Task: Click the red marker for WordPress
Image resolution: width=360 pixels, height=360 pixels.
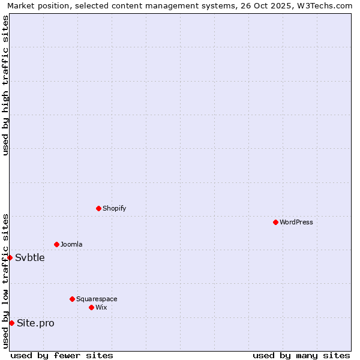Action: click(x=275, y=222)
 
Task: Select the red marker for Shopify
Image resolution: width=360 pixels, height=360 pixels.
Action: click(x=98, y=208)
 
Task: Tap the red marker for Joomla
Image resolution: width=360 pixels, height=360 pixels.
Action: click(x=56, y=244)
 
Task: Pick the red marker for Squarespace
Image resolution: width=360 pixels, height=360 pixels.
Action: click(x=72, y=299)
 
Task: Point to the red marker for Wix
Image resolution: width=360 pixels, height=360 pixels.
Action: click(x=91, y=307)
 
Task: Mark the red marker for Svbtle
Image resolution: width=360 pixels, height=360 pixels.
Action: click(x=10, y=257)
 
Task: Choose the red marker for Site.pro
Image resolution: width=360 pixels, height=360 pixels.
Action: click(x=11, y=323)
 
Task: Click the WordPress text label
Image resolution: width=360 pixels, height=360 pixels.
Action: click(x=296, y=222)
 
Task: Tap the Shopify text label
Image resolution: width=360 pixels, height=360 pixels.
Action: click(x=114, y=208)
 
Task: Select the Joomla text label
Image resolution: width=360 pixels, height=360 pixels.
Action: click(x=71, y=244)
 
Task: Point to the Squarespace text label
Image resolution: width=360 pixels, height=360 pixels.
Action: click(x=97, y=299)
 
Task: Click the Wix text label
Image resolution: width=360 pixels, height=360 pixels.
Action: click(x=101, y=307)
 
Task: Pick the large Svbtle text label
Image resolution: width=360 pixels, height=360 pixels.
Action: click(x=30, y=258)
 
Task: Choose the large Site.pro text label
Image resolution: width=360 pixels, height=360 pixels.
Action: click(x=35, y=323)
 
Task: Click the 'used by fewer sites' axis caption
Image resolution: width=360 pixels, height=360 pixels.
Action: click(x=62, y=355)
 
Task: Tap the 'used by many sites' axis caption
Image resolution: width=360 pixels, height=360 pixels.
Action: click(x=301, y=355)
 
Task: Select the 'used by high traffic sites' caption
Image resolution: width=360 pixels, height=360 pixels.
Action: click(x=5, y=85)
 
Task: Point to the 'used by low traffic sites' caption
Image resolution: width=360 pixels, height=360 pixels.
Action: click(x=5, y=281)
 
